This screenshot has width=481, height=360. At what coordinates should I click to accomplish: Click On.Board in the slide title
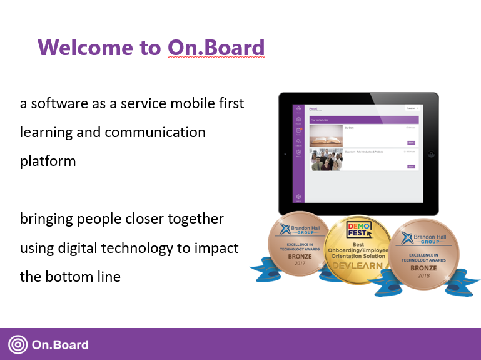[x=216, y=48]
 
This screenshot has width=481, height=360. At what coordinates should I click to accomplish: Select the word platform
[x=48, y=161]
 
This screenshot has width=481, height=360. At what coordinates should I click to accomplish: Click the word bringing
[x=46, y=219]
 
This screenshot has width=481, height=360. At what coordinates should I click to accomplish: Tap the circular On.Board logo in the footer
[x=18, y=345]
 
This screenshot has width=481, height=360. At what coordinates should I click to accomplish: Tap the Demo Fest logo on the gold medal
[x=359, y=230]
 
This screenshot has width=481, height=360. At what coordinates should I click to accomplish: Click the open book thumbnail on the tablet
[x=326, y=135]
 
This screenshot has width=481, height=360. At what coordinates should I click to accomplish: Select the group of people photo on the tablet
[x=326, y=160]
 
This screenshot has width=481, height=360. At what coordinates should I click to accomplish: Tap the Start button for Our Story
[x=411, y=143]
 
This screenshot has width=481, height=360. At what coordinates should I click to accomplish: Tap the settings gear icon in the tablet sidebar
[x=298, y=197]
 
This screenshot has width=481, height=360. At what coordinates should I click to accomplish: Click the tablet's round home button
[x=432, y=154]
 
